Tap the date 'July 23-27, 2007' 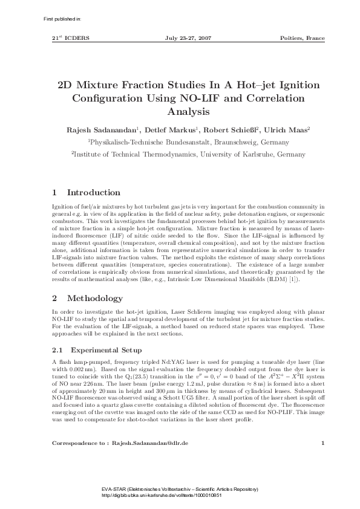point(188,38)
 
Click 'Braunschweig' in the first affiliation point(225,143)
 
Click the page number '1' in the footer point(323,443)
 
